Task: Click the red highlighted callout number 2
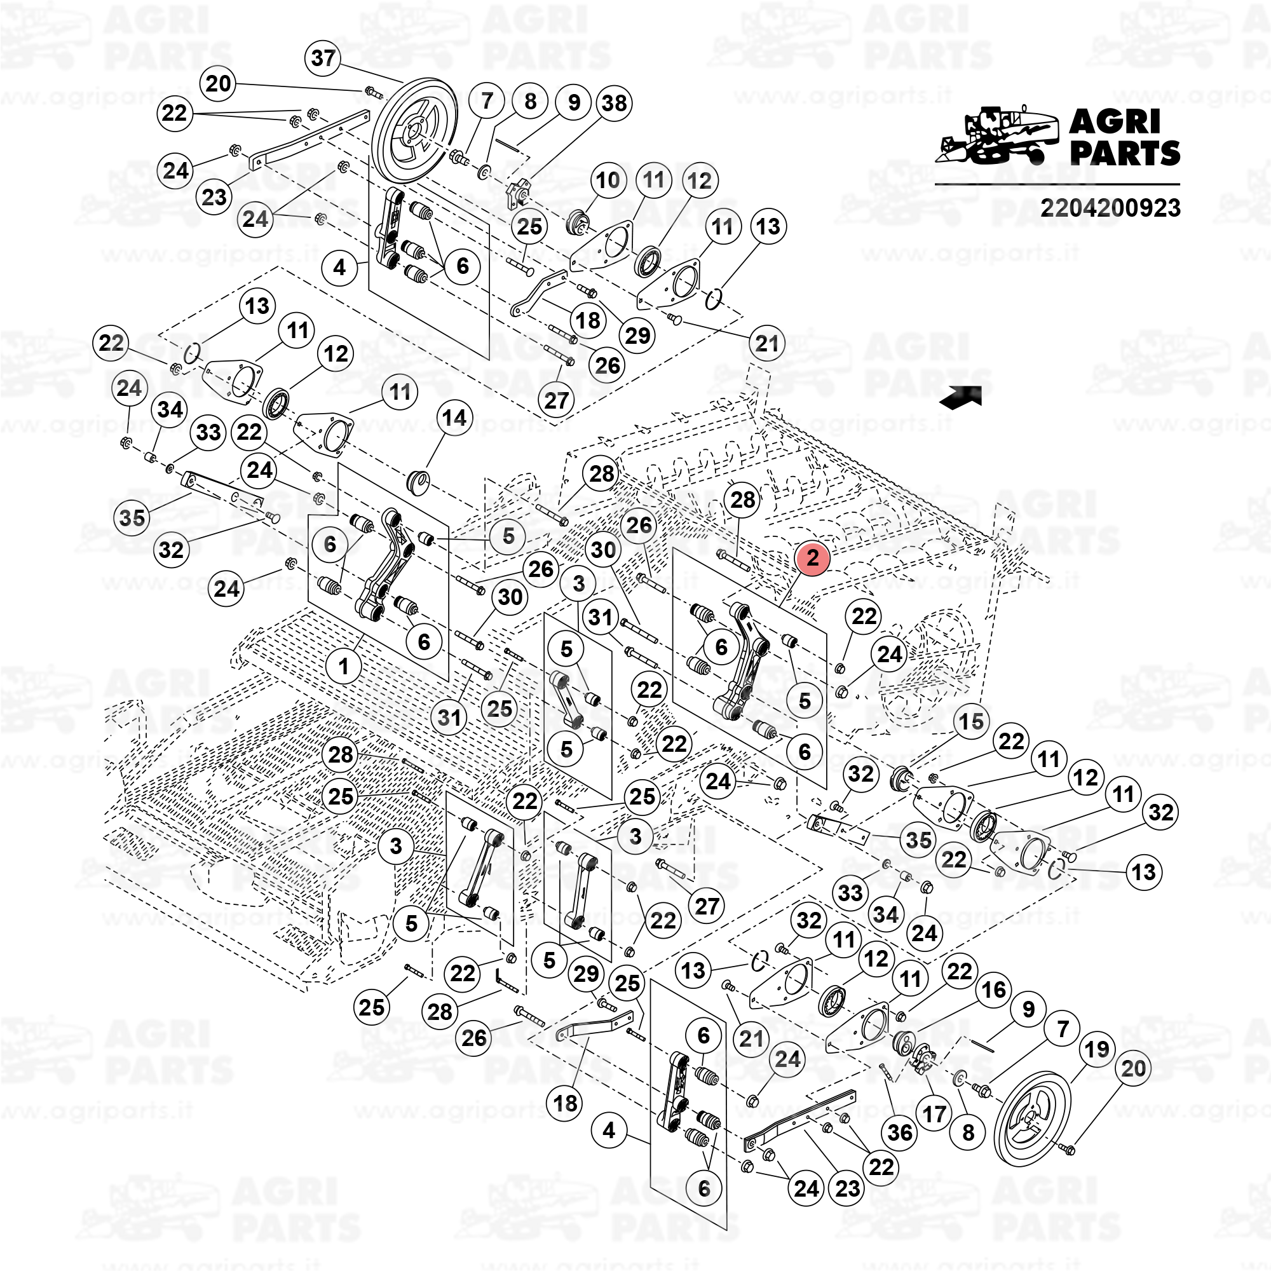812,558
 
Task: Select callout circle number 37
323,58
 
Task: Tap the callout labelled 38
614,104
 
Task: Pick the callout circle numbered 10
607,180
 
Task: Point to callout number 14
454,417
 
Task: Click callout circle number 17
934,1114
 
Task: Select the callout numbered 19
1097,1049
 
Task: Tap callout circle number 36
900,1133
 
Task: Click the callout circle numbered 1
344,666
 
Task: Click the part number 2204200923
1110,208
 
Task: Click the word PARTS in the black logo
1125,153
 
